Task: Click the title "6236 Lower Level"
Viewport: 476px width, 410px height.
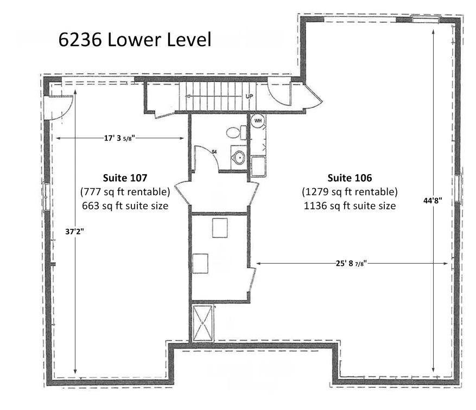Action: [135, 40]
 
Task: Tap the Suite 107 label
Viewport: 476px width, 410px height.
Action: [125, 178]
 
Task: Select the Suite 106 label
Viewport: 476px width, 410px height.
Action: [350, 178]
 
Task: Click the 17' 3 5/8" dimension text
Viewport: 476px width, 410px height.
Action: [119, 138]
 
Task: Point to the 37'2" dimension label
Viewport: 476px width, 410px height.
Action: [74, 232]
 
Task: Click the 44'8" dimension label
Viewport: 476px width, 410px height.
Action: [433, 200]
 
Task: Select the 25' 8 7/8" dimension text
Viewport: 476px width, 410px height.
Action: [351, 263]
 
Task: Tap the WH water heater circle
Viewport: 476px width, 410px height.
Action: [258, 121]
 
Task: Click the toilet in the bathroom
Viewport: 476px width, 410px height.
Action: [236, 132]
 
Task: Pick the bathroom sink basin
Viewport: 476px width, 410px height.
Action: [239, 158]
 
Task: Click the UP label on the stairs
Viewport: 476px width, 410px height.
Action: [249, 97]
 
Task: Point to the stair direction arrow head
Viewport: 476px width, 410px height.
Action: [187, 97]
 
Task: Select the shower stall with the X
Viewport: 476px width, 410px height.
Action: [202, 323]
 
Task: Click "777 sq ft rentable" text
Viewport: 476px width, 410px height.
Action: [125, 191]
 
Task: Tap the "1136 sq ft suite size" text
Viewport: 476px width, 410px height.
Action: [350, 206]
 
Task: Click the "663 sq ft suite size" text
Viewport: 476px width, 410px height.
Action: [125, 206]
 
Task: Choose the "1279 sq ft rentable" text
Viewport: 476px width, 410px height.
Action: [350, 191]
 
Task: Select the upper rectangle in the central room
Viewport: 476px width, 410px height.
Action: [220, 228]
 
